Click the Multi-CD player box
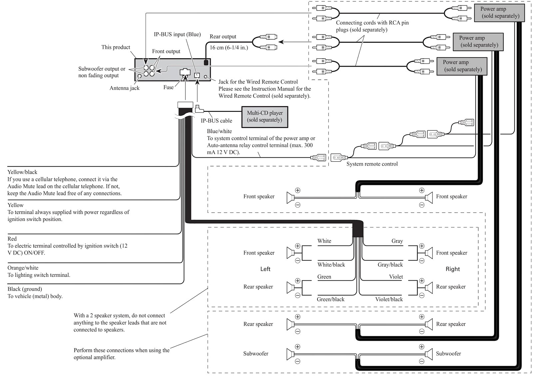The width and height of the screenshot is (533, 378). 265,117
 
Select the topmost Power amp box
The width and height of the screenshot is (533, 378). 499,13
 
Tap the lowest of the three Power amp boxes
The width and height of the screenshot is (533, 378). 462,66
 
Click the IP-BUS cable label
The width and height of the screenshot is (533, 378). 216,121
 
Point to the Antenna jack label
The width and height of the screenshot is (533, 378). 124,88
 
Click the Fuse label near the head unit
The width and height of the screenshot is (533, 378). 168,87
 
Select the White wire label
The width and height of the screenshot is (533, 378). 324,241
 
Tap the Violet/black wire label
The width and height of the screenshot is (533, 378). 389,299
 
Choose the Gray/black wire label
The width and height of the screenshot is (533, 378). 390,265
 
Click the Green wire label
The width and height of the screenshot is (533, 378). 324,277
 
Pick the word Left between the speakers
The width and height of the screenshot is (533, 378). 265,269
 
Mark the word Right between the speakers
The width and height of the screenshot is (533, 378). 452,269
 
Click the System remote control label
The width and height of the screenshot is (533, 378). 372,164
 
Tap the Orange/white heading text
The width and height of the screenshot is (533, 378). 23,268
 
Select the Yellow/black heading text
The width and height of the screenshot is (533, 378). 22,172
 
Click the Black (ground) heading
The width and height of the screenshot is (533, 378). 25,289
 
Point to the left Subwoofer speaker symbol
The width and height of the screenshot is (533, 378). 290,354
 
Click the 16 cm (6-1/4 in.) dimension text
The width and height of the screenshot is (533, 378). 229,48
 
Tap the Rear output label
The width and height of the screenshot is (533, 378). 223,37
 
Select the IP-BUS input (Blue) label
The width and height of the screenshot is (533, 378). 177,34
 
